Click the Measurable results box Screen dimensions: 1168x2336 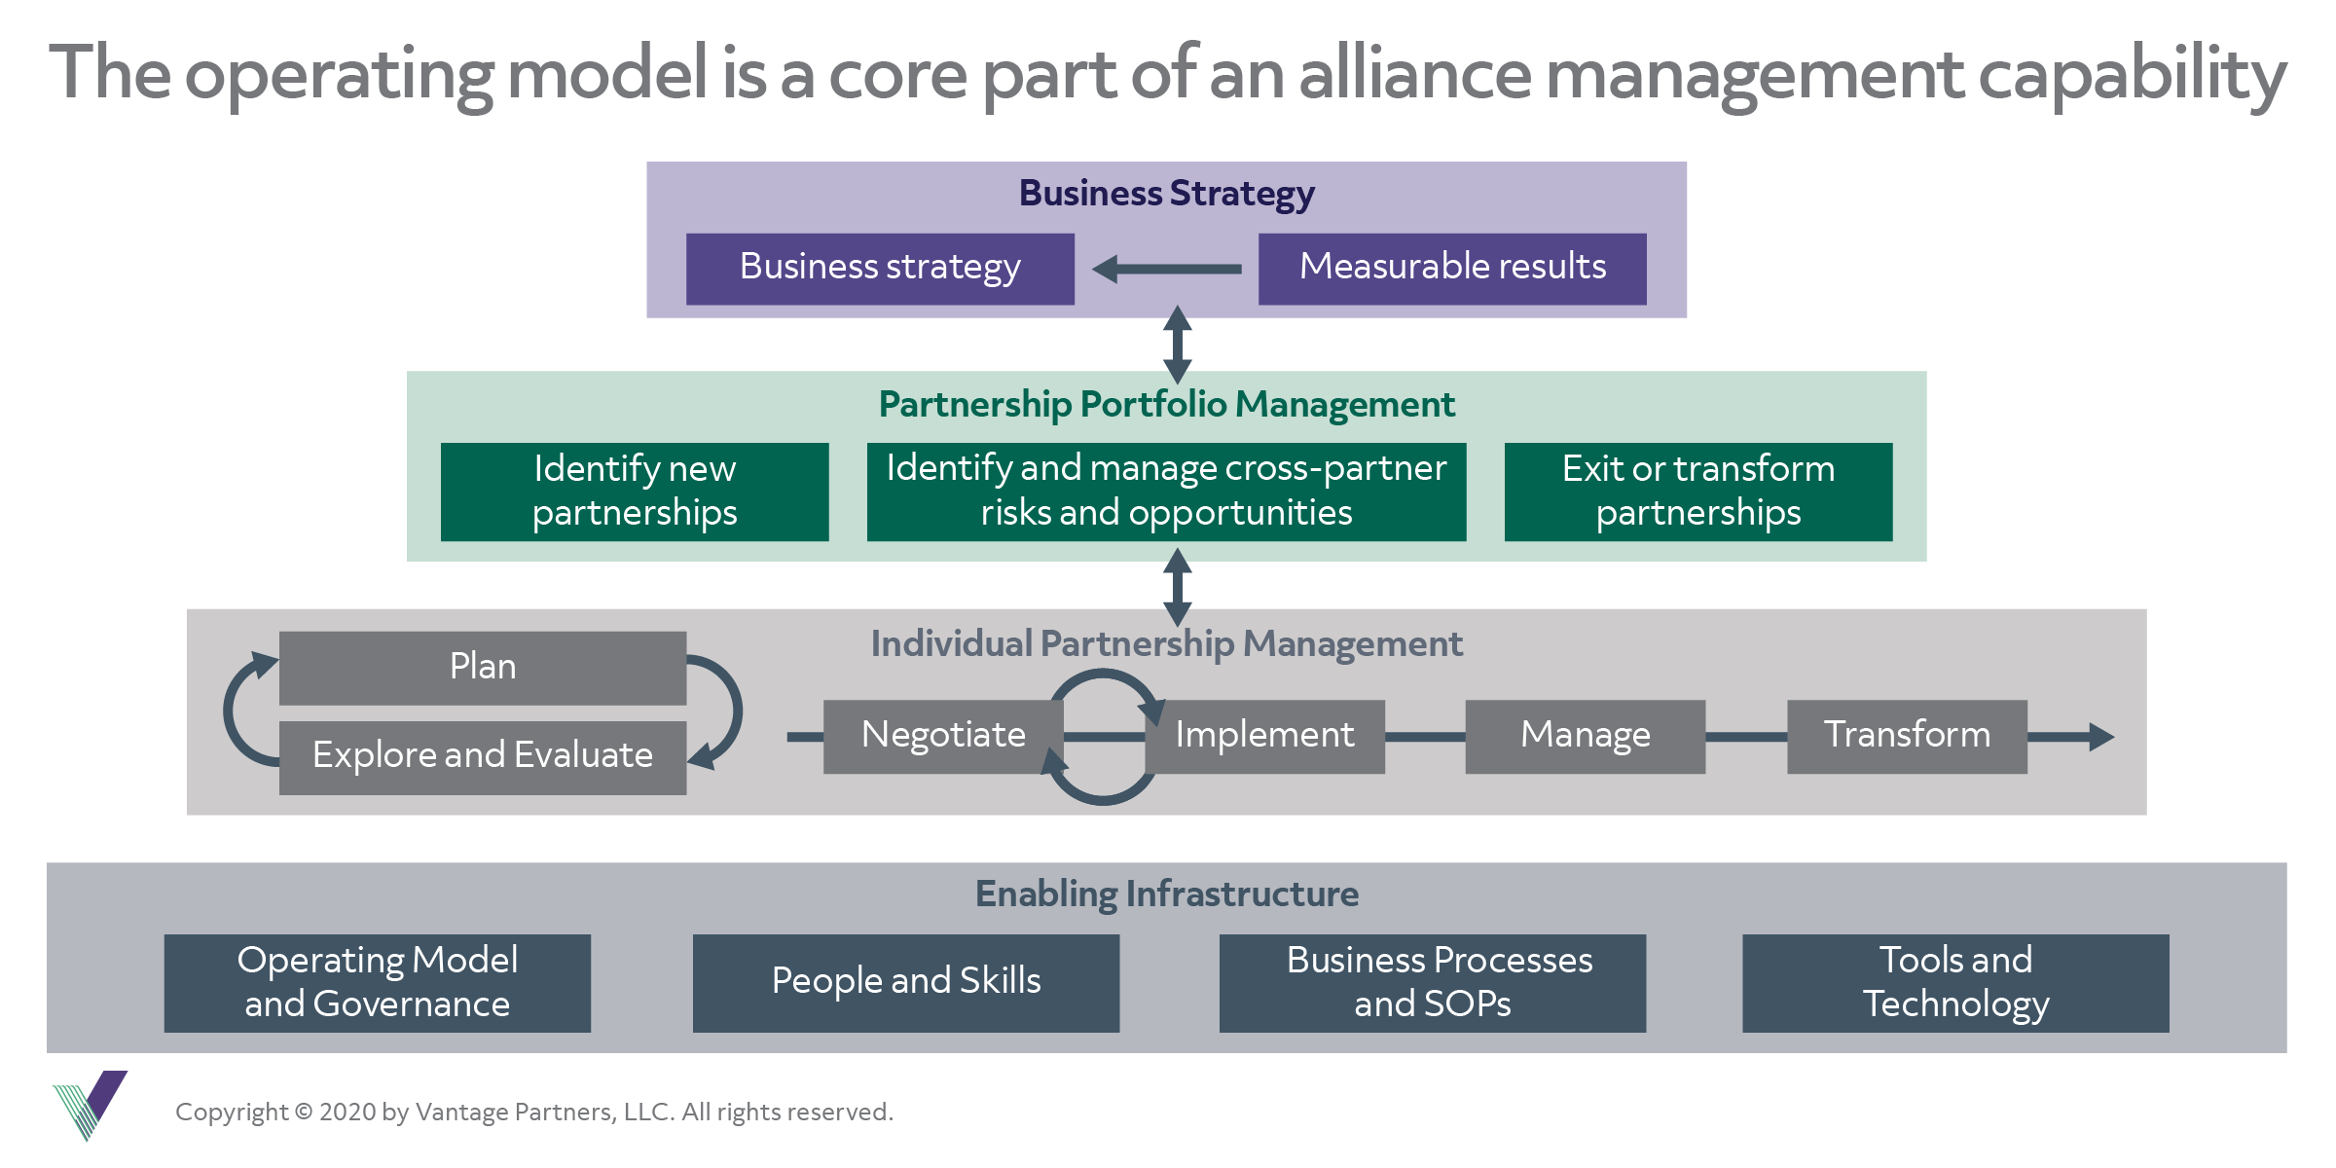(1451, 269)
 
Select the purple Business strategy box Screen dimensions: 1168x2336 (880, 269)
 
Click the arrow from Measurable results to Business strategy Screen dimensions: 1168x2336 (1166, 269)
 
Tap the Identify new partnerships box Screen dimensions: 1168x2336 (635, 492)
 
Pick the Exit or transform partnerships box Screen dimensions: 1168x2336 (1697, 492)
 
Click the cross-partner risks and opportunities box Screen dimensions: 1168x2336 (1166, 492)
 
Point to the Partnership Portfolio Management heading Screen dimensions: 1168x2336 (1166, 404)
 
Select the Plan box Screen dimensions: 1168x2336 (483, 668)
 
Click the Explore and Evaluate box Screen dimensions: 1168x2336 (483, 756)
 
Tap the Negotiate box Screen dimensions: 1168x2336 (942, 736)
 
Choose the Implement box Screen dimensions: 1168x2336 (1265, 736)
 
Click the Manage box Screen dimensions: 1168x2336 (1585, 736)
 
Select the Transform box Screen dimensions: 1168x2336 (1906, 736)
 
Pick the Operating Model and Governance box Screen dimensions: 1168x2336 (378, 983)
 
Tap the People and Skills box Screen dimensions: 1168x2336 (905, 983)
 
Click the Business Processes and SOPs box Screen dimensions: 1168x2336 (1433, 983)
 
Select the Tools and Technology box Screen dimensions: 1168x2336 (1955, 983)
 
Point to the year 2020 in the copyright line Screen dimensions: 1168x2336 (347, 1113)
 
